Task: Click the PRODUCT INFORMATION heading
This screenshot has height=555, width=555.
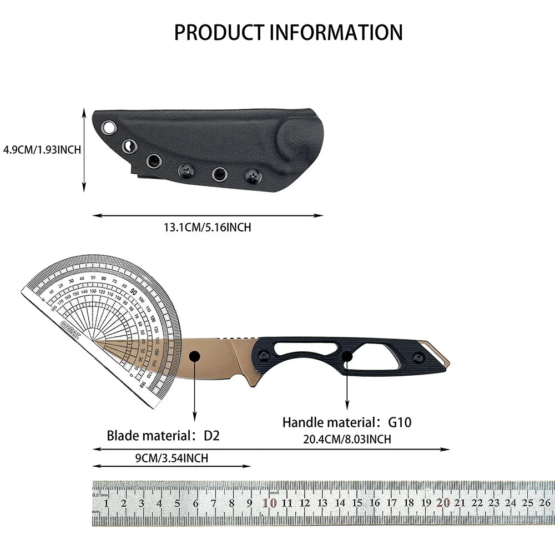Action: tap(288, 32)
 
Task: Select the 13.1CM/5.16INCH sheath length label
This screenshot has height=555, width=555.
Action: tap(207, 227)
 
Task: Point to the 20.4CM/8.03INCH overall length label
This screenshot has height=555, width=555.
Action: tap(347, 439)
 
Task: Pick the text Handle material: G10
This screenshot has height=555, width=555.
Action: tap(347, 422)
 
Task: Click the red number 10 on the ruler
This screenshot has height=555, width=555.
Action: tap(270, 503)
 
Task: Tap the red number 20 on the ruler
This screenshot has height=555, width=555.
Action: tap(443, 503)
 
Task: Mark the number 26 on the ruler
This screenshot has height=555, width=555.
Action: tap(544, 503)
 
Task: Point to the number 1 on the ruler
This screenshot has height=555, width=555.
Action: tap(106, 503)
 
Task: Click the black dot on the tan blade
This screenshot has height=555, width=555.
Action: tap(194, 357)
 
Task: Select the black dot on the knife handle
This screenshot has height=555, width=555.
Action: tap(347, 357)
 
